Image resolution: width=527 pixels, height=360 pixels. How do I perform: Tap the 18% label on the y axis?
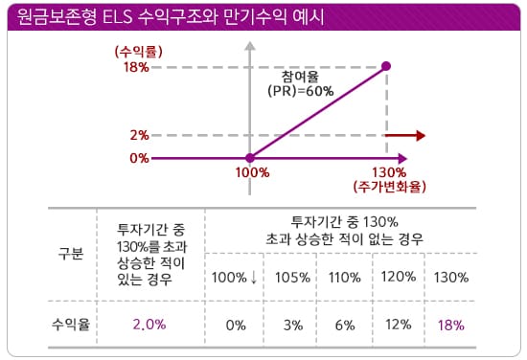[x=136, y=67]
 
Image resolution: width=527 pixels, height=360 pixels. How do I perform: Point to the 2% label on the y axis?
[x=140, y=136]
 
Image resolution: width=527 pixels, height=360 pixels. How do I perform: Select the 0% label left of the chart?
[x=140, y=158]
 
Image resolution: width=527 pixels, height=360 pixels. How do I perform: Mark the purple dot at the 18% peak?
[x=386, y=66]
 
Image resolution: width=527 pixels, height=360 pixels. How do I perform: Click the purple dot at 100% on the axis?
[x=250, y=158]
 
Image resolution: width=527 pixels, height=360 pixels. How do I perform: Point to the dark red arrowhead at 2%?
[x=418, y=136]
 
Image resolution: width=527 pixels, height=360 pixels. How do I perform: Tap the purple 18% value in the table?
[x=448, y=324]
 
